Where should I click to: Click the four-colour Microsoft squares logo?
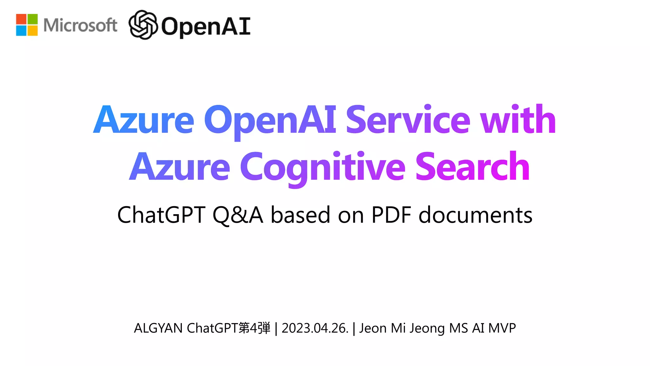pyautogui.click(x=27, y=25)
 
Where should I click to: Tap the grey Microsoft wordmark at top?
pyautogui.click(x=80, y=25)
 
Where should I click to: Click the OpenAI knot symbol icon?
pyautogui.click(x=143, y=25)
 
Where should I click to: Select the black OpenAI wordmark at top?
pyautogui.click(x=206, y=26)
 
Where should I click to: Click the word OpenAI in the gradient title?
pyautogui.click(x=270, y=120)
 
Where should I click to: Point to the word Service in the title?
pyautogui.click(x=408, y=120)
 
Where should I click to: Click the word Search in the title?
pyautogui.click(x=472, y=167)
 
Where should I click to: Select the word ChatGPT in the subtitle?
pyautogui.click(x=161, y=215)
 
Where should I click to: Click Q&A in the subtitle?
pyautogui.click(x=238, y=215)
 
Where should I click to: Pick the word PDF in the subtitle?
pyautogui.click(x=391, y=215)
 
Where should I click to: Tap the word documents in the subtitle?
pyautogui.click(x=475, y=215)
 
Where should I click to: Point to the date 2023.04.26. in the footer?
pyautogui.click(x=315, y=328)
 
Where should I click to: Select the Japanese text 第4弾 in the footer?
pyautogui.click(x=255, y=328)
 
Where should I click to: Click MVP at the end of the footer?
pyautogui.click(x=502, y=328)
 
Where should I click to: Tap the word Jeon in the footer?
pyautogui.click(x=373, y=328)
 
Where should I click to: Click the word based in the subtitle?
pyautogui.click(x=301, y=215)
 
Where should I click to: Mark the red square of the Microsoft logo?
pyautogui.click(x=21, y=19)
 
